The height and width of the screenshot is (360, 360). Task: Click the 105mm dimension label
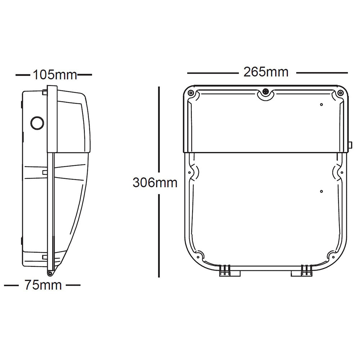click(55, 75)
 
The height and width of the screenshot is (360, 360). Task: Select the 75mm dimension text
click(43, 285)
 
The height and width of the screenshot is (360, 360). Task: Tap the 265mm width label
click(266, 72)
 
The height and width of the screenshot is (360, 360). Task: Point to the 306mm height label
click(155, 183)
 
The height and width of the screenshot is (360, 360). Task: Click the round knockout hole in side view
click(37, 122)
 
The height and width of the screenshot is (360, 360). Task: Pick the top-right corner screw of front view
click(340, 93)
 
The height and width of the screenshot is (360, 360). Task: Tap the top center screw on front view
click(266, 92)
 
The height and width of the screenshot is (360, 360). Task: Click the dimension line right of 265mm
click(321, 73)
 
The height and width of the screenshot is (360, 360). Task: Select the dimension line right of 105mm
click(85, 75)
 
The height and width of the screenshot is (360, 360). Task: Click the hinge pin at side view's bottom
click(49, 274)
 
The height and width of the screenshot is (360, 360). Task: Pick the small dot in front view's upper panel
click(321, 105)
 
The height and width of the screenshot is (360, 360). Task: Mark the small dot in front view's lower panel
click(321, 191)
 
